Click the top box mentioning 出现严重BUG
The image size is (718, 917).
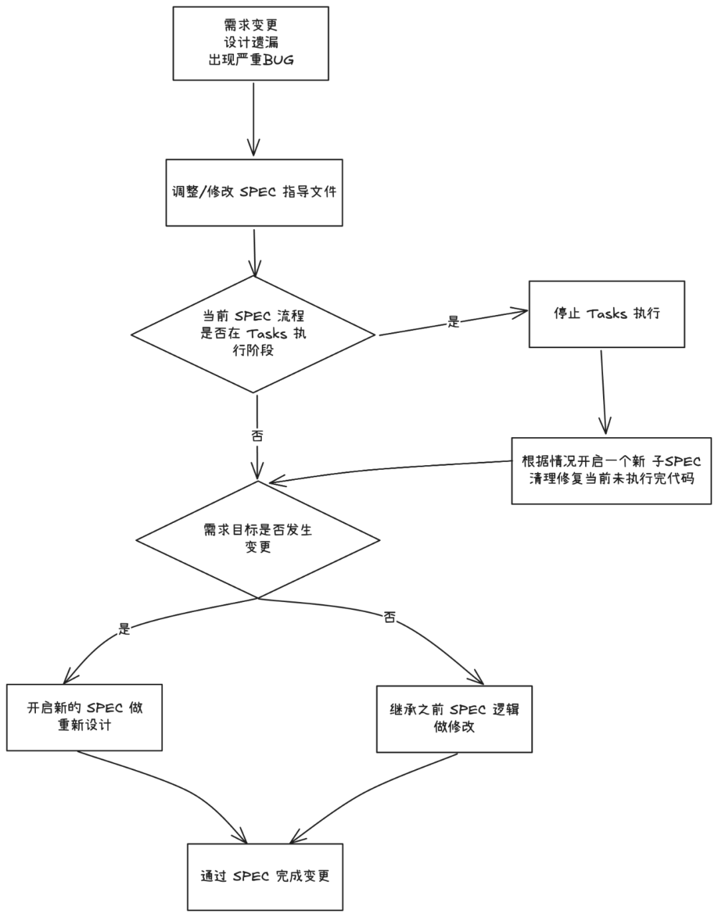coord(251,43)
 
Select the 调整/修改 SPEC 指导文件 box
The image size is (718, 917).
coord(254,193)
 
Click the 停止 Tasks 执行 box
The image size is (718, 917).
coord(606,314)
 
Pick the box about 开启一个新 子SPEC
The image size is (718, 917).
coord(611,470)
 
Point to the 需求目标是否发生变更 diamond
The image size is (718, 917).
coord(258,539)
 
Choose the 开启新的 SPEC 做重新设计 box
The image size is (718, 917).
coord(84,717)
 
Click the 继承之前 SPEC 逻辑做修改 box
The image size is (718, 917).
coord(454,718)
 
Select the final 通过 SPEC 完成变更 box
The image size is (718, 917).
coord(265,876)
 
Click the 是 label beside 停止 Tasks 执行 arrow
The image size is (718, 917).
coord(453,322)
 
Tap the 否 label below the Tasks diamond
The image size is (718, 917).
coord(257,436)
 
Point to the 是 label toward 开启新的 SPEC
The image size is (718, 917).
coord(124,629)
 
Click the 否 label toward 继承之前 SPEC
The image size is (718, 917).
coord(390,618)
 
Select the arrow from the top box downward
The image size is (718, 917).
coord(253,120)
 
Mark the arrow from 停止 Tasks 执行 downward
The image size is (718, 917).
coord(603,392)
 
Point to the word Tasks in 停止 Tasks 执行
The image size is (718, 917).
coord(606,314)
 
